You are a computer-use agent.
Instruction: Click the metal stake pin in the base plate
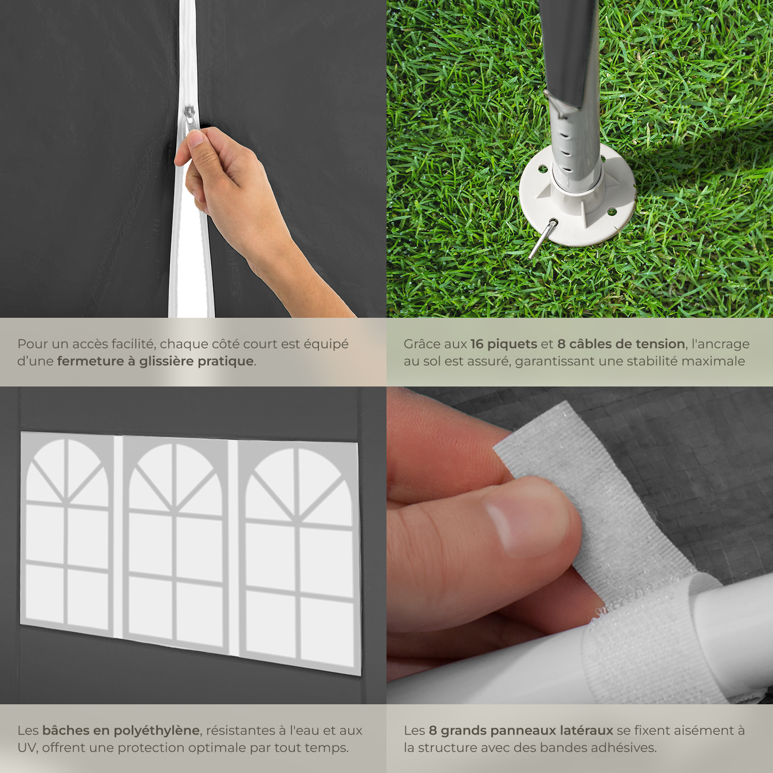543,239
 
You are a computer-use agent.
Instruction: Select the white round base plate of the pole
577,195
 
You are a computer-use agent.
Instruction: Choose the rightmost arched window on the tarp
299,558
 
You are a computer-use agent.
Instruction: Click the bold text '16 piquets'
503,344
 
